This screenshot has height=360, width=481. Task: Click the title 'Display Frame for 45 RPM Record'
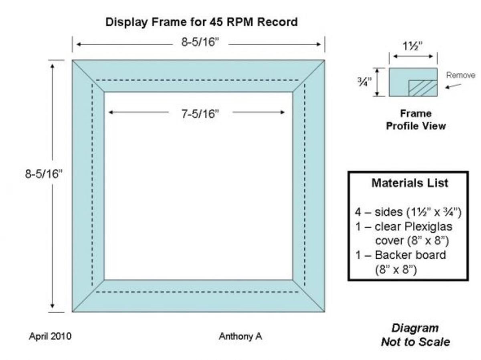pyautogui.click(x=201, y=22)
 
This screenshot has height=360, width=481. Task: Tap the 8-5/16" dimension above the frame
pyautogui.click(x=200, y=42)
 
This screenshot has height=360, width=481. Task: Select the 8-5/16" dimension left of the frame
pyautogui.click(x=44, y=174)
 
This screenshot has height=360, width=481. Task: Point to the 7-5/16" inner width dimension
pyautogui.click(x=200, y=114)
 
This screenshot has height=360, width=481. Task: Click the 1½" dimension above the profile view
pyautogui.click(x=413, y=46)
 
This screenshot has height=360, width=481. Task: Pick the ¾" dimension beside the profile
pyautogui.click(x=364, y=82)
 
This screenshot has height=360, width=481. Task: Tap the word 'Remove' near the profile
pyautogui.click(x=461, y=75)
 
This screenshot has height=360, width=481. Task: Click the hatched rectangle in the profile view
pyautogui.click(x=423, y=88)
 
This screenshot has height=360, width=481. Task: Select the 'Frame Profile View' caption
pyautogui.click(x=416, y=120)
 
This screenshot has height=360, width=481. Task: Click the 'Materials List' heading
pyautogui.click(x=410, y=183)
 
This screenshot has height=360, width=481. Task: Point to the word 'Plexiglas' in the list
pyautogui.click(x=428, y=227)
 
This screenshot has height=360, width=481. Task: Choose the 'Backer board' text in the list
pyautogui.click(x=410, y=255)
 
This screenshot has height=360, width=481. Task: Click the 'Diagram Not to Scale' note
pyautogui.click(x=415, y=335)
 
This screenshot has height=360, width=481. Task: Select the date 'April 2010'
pyautogui.click(x=50, y=336)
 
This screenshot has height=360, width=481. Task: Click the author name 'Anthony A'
pyautogui.click(x=240, y=336)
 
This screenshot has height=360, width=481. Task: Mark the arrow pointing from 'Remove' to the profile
pyautogui.click(x=453, y=86)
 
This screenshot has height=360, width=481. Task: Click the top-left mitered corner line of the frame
pyautogui.click(x=88, y=76)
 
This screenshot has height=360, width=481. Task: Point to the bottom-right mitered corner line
pyautogui.click(x=309, y=296)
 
